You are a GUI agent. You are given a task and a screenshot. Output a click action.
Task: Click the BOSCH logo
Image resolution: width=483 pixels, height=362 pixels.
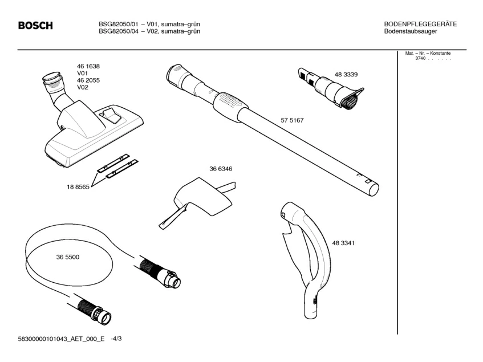click(x=35, y=26)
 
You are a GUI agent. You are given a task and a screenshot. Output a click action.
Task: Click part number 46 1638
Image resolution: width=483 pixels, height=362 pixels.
click(x=88, y=66)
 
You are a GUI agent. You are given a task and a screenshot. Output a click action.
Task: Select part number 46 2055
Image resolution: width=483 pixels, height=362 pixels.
click(x=88, y=80)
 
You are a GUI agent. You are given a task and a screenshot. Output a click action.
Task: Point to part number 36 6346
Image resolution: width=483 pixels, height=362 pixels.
click(x=221, y=169)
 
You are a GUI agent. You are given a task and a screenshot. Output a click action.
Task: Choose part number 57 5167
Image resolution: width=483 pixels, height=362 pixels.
click(x=292, y=120)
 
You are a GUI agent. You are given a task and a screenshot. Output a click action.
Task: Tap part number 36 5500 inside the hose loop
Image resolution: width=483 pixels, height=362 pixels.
click(x=68, y=257)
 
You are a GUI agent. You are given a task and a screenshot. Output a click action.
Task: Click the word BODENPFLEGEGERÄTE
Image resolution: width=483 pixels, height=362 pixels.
click(x=421, y=24)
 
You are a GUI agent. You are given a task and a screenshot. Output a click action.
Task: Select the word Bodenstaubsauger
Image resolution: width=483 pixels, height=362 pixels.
click(x=411, y=31)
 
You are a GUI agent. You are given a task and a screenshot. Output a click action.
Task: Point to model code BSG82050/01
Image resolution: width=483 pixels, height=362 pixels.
click(x=119, y=24)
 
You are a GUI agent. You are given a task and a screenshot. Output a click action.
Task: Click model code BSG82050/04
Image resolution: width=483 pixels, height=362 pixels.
click(x=119, y=31)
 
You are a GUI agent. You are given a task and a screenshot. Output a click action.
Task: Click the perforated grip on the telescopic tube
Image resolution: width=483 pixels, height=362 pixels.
click(x=231, y=103)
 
